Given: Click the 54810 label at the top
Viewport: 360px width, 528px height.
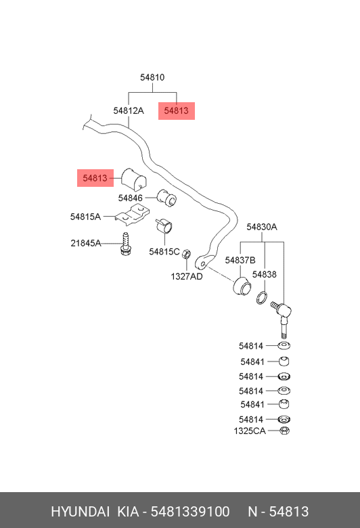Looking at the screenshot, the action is [x=152, y=77].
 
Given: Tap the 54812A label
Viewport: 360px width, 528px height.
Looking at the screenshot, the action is [x=129, y=110].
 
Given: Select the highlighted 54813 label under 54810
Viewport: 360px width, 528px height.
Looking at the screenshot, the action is [x=177, y=110].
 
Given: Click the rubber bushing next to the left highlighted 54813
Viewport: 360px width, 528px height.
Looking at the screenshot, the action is [x=134, y=179].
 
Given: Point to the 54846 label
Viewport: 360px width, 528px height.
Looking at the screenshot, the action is [x=131, y=198].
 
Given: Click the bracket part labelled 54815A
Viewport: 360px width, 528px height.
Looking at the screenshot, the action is [x=133, y=215].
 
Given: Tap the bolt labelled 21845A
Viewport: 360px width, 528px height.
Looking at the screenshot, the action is [x=126, y=243].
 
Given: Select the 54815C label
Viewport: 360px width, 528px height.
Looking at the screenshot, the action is [x=164, y=252].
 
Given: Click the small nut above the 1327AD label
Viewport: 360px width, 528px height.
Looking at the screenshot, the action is [x=187, y=254].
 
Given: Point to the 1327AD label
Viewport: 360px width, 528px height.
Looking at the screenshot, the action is [x=187, y=276].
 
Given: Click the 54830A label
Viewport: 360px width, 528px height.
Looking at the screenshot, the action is [x=262, y=227].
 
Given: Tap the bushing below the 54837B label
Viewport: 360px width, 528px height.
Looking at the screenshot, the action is [x=242, y=286].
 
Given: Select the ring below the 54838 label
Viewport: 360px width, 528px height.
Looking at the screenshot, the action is [x=263, y=297].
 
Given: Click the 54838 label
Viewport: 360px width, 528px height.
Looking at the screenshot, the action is [x=265, y=274].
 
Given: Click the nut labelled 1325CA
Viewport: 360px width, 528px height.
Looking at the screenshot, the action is [x=285, y=431].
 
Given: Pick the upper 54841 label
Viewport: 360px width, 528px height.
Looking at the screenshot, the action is [x=252, y=361].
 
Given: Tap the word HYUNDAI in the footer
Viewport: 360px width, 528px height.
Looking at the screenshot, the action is [x=80, y=512].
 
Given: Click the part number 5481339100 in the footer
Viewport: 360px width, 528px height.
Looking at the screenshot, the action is [x=190, y=512].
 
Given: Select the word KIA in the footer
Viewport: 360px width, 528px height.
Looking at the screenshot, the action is [x=128, y=512].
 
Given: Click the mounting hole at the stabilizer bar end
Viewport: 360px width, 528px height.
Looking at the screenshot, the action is [x=203, y=264].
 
